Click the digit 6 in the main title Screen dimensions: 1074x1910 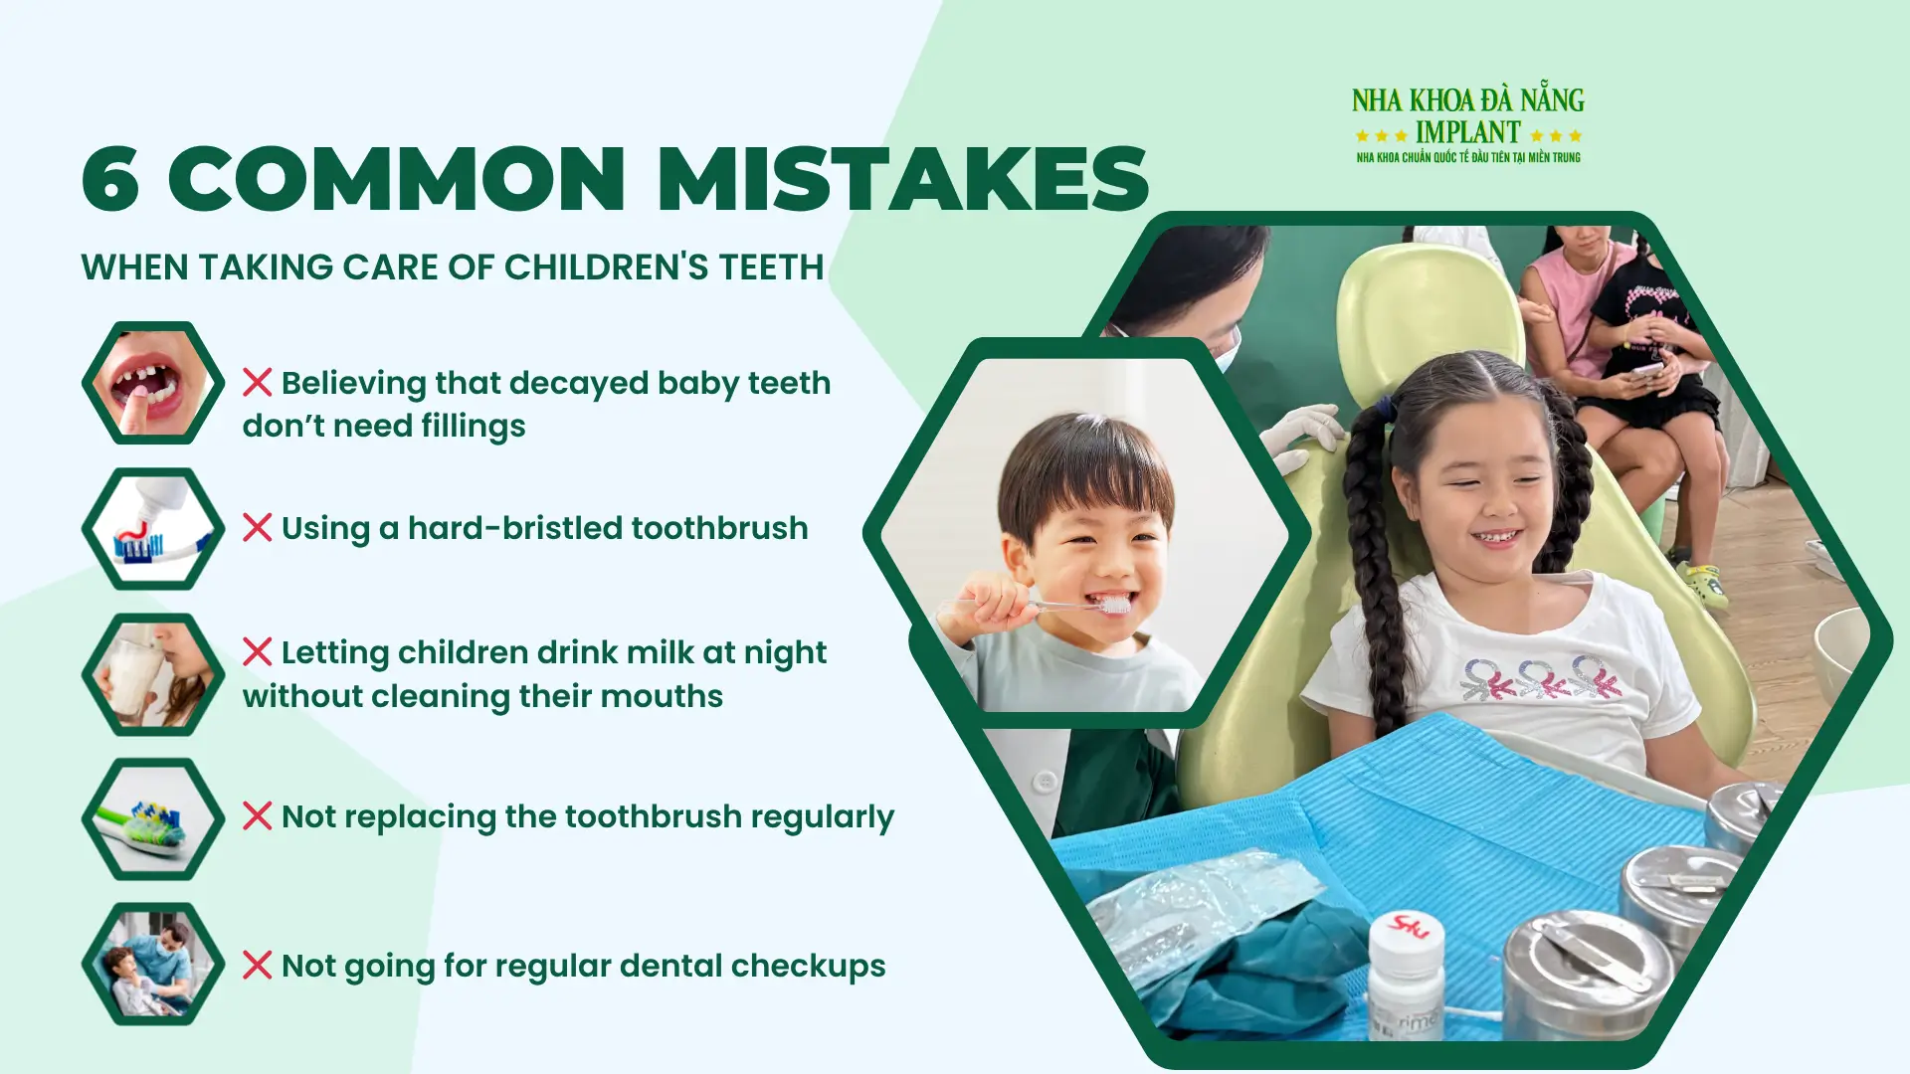(110, 179)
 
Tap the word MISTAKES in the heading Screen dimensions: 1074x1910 (902, 179)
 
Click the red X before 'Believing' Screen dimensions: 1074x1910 (257, 383)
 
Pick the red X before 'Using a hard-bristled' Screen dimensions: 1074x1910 (257, 528)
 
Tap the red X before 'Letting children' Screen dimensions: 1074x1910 (257, 652)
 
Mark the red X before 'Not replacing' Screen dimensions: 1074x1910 (257, 816)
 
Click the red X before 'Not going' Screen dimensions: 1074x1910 (257, 966)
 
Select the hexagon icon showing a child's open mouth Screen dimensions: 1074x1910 (153, 383)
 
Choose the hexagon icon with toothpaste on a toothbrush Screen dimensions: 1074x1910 (153, 529)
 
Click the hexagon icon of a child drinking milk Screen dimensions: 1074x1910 (153, 674)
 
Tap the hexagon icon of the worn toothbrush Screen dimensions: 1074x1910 (153, 819)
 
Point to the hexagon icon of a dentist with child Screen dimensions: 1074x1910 (153, 964)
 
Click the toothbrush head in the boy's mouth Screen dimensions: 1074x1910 (1115, 604)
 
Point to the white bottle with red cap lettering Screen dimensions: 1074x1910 (1405, 980)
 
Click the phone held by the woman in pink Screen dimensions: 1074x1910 (1646, 371)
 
